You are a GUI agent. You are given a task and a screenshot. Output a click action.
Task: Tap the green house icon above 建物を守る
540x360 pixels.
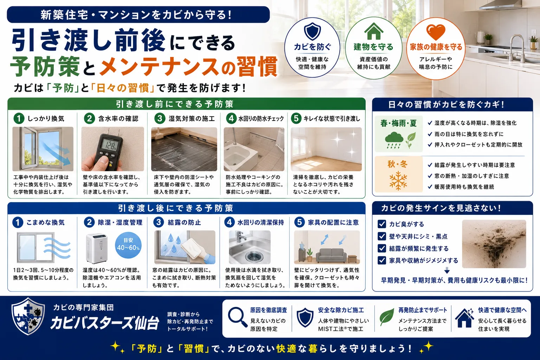coord(373,31)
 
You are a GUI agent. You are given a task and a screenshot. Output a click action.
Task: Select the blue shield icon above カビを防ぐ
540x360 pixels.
coord(312,31)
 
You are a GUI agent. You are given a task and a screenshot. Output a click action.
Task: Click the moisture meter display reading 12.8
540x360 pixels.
coord(108,145)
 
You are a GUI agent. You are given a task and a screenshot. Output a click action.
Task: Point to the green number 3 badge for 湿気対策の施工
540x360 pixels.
coord(160,118)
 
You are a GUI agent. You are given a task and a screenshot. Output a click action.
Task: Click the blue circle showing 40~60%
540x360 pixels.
coord(128,245)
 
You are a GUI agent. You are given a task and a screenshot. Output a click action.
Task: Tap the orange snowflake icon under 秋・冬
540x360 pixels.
coord(398,181)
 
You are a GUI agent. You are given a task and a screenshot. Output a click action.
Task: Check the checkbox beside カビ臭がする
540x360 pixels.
coord(381,224)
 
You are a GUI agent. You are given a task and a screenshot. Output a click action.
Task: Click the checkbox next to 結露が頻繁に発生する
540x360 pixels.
coord(381,248)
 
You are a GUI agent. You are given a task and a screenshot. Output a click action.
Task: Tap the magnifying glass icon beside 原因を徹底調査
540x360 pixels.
coord(237,317)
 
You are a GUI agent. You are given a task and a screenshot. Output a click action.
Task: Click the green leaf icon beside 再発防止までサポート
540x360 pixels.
coord(387,317)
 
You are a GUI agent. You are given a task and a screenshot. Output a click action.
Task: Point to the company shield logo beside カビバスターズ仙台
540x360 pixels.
coord(28,316)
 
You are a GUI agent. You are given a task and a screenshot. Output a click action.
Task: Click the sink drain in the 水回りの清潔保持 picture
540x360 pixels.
coord(253,256)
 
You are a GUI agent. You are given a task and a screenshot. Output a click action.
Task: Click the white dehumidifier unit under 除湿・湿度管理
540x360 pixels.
coord(96,248)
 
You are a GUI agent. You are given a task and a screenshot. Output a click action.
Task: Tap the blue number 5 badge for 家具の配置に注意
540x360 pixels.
coord(300,222)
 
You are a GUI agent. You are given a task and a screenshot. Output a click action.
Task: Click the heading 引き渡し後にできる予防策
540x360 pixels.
coord(175,208)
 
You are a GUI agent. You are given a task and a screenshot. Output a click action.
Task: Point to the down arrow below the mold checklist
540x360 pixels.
coord(447,270)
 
